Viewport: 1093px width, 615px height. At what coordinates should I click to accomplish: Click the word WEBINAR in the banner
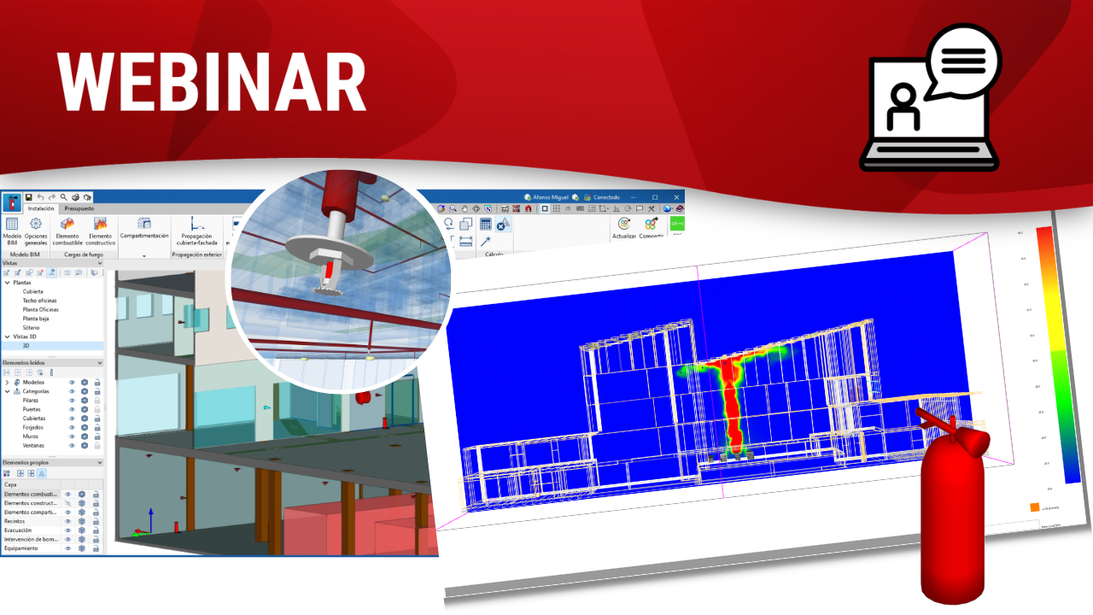pyautogui.click(x=212, y=83)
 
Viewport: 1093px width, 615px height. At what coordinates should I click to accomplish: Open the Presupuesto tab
pyautogui.click(x=79, y=208)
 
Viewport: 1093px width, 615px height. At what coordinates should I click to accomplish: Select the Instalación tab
pyautogui.click(x=41, y=208)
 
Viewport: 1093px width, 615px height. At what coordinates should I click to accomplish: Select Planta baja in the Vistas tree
pyautogui.click(x=36, y=319)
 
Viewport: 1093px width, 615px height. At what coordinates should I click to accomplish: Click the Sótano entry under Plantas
pyautogui.click(x=32, y=327)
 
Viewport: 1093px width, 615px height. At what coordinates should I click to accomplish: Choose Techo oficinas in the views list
pyautogui.click(x=40, y=301)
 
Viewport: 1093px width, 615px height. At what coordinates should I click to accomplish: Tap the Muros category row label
pyautogui.click(x=31, y=436)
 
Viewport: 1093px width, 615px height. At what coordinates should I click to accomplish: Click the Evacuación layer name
pyautogui.click(x=18, y=530)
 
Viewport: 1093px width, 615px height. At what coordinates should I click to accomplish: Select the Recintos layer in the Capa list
pyautogui.click(x=15, y=521)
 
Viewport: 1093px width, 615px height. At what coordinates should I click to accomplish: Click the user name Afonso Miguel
pyautogui.click(x=550, y=197)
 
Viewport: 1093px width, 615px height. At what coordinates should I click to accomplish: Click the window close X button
pyautogui.click(x=674, y=197)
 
